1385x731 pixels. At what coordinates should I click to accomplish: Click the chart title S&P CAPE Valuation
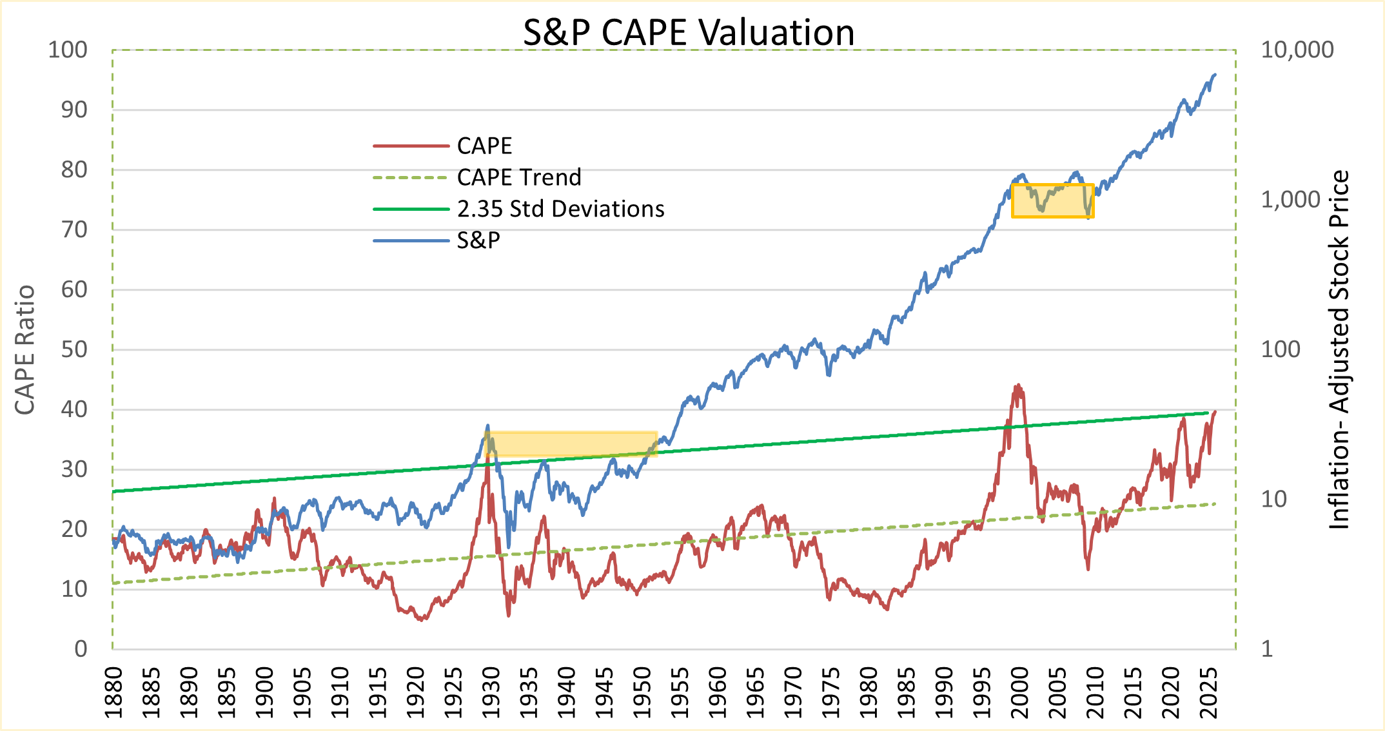coord(688,32)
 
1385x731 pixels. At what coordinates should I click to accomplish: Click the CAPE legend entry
coord(484,146)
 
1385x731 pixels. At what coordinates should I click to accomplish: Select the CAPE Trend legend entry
coord(518,177)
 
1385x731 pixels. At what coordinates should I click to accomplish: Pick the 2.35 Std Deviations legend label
coord(560,209)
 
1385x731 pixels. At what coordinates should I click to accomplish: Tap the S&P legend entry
coord(478,240)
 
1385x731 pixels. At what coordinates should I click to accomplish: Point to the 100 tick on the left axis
coord(68,50)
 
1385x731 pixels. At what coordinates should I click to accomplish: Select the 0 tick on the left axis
coord(81,649)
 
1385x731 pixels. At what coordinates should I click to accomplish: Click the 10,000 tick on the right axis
coord(1297,50)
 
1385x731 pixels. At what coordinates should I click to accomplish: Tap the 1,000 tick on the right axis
coord(1290,200)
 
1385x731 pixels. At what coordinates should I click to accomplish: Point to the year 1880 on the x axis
coord(113,693)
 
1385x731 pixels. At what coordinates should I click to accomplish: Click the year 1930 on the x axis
coord(491,693)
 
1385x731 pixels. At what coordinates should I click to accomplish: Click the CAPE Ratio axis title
coord(25,350)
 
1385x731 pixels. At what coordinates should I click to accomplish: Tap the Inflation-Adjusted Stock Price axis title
coord(1340,350)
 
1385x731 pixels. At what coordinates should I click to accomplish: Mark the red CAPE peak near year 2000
coord(1018,386)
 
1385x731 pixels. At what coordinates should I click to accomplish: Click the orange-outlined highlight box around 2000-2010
coord(1052,200)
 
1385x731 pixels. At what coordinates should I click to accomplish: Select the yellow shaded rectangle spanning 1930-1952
coord(571,443)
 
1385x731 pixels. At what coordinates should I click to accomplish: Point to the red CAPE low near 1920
coord(422,619)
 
